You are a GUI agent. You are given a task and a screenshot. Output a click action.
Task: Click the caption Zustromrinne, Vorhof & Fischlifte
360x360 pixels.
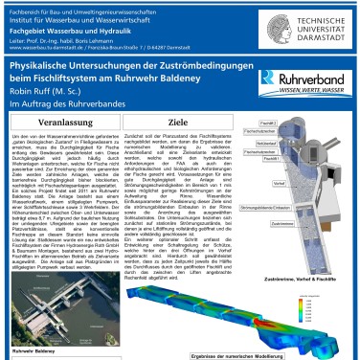(296, 253)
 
